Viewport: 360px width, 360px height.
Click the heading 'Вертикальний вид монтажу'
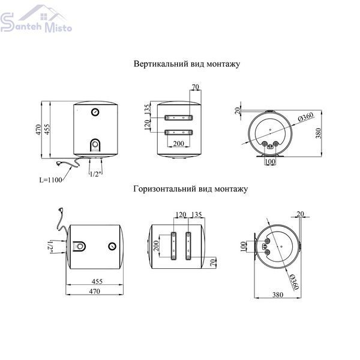tap(187, 64)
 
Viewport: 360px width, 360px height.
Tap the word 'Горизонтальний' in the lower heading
tap(164, 189)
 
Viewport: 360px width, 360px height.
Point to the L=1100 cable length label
tap(51, 179)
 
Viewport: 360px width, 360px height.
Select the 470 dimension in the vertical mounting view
tap(38, 130)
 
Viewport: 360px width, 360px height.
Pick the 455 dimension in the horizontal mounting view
tap(97, 281)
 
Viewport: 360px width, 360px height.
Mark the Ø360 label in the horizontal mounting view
tap(294, 282)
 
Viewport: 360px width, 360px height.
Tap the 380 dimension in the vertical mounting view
tap(318, 133)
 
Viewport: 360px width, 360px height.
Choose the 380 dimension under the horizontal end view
tap(278, 295)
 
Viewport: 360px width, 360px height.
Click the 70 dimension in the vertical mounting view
tap(196, 87)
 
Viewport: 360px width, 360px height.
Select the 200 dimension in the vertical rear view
tap(178, 143)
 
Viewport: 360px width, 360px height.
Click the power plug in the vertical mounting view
tap(59, 163)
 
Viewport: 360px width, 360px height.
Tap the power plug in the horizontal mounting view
tap(61, 210)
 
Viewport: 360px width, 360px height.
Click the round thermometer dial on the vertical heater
tap(95, 112)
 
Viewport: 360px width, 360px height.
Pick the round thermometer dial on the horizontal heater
tap(112, 246)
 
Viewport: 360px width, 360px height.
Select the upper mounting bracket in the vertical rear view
tap(178, 118)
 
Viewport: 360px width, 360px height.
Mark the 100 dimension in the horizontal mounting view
tap(243, 247)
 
